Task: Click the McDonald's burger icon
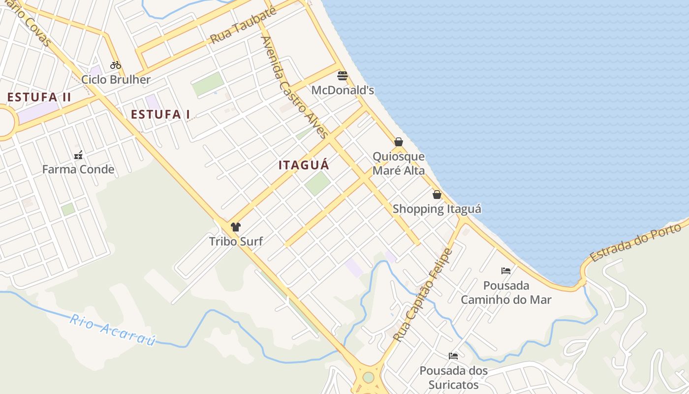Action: [343, 76]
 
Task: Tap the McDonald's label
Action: [343, 90]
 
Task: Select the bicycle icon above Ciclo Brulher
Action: [116, 65]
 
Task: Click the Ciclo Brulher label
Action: [116, 79]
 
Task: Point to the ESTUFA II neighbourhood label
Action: [39, 97]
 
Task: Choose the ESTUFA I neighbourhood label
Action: [160, 114]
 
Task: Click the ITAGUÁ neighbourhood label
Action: [304, 165]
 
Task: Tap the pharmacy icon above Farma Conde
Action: [78, 156]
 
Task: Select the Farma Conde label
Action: [78, 169]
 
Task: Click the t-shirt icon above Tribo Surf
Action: [236, 227]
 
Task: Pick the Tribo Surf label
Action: [236, 241]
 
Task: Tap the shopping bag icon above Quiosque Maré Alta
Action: [399, 142]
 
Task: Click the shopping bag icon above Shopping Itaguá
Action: [437, 195]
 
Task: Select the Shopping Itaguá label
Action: [437, 209]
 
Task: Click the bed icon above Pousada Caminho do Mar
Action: [506, 271]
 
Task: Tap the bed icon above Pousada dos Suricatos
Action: [453, 356]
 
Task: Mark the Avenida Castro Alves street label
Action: [294, 87]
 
